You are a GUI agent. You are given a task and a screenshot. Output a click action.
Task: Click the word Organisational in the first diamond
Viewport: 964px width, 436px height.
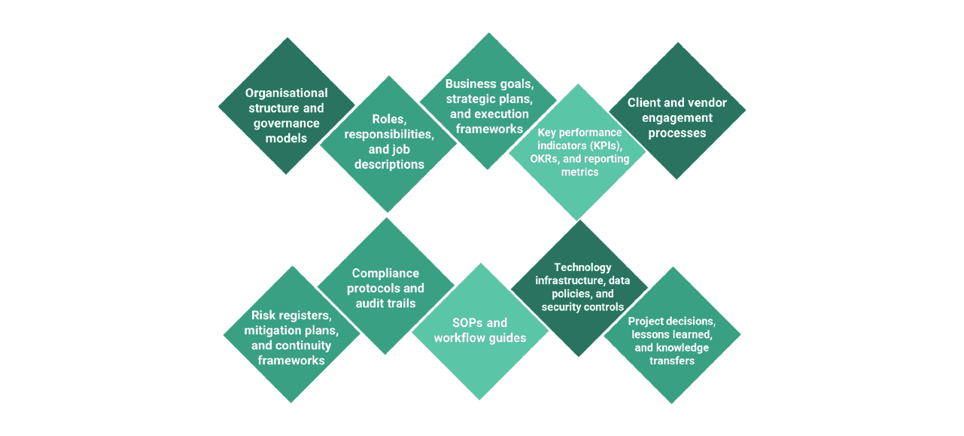click(x=287, y=93)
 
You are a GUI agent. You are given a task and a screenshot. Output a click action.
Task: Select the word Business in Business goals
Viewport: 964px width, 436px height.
click(x=470, y=84)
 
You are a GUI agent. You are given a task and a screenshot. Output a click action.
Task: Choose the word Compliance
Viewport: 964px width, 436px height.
click(x=385, y=273)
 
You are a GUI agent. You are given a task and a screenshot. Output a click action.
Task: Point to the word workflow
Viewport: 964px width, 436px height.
click(x=460, y=338)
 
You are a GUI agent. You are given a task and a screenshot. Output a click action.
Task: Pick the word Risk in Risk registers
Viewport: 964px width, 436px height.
click(x=264, y=316)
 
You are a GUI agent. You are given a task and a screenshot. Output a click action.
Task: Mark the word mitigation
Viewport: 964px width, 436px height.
click(x=272, y=331)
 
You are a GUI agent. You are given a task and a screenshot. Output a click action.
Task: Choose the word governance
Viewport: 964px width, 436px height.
click(x=287, y=123)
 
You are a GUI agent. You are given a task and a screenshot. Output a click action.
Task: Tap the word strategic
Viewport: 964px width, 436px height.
click(x=468, y=99)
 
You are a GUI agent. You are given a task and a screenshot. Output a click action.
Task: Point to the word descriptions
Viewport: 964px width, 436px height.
click(x=388, y=164)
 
